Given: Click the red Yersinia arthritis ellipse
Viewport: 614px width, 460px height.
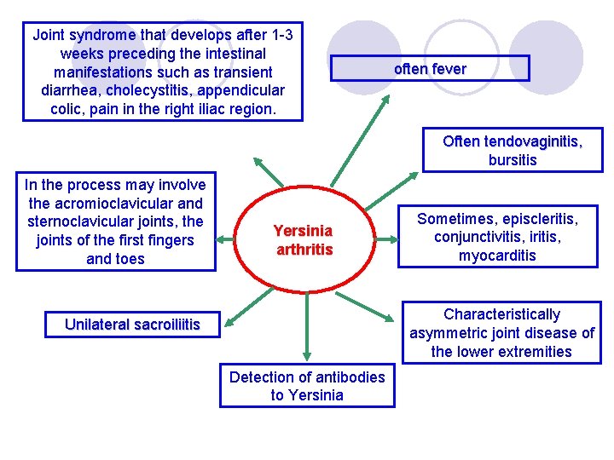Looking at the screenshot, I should [x=303, y=239].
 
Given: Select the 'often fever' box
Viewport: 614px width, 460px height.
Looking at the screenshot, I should [x=430, y=69].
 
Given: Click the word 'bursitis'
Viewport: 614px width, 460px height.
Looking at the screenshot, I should [x=513, y=160].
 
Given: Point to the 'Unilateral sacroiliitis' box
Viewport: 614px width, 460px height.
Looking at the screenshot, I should [x=132, y=325].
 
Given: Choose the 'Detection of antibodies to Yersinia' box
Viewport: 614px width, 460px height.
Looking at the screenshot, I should [x=307, y=386].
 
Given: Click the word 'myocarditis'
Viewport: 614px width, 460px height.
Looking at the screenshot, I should [x=497, y=256].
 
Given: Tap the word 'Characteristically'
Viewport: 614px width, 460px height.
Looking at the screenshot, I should [x=502, y=314].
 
